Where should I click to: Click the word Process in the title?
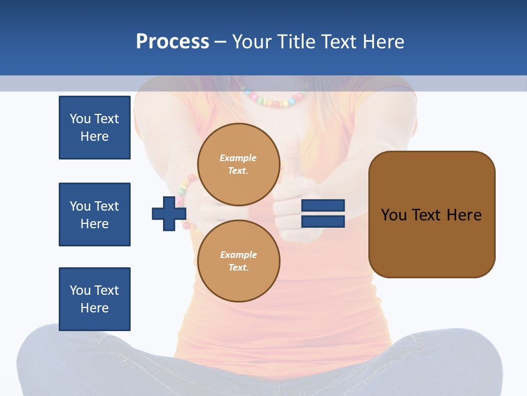[x=172, y=42]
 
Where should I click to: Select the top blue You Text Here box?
[x=94, y=128]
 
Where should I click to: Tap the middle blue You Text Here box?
[x=94, y=215]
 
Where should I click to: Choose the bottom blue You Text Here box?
[x=94, y=299]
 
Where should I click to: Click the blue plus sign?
[x=169, y=213]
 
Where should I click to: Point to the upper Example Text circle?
[x=239, y=164]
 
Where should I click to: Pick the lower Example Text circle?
[x=239, y=261]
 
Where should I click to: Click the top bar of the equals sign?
[x=323, y=205]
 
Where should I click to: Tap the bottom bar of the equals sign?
[x=323, y=222]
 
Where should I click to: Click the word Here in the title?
[x=384, y=42]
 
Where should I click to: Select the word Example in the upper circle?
[x=238, y=158]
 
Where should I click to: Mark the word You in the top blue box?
[x=80, y=119]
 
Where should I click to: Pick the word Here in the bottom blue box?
[x=94, y=308]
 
